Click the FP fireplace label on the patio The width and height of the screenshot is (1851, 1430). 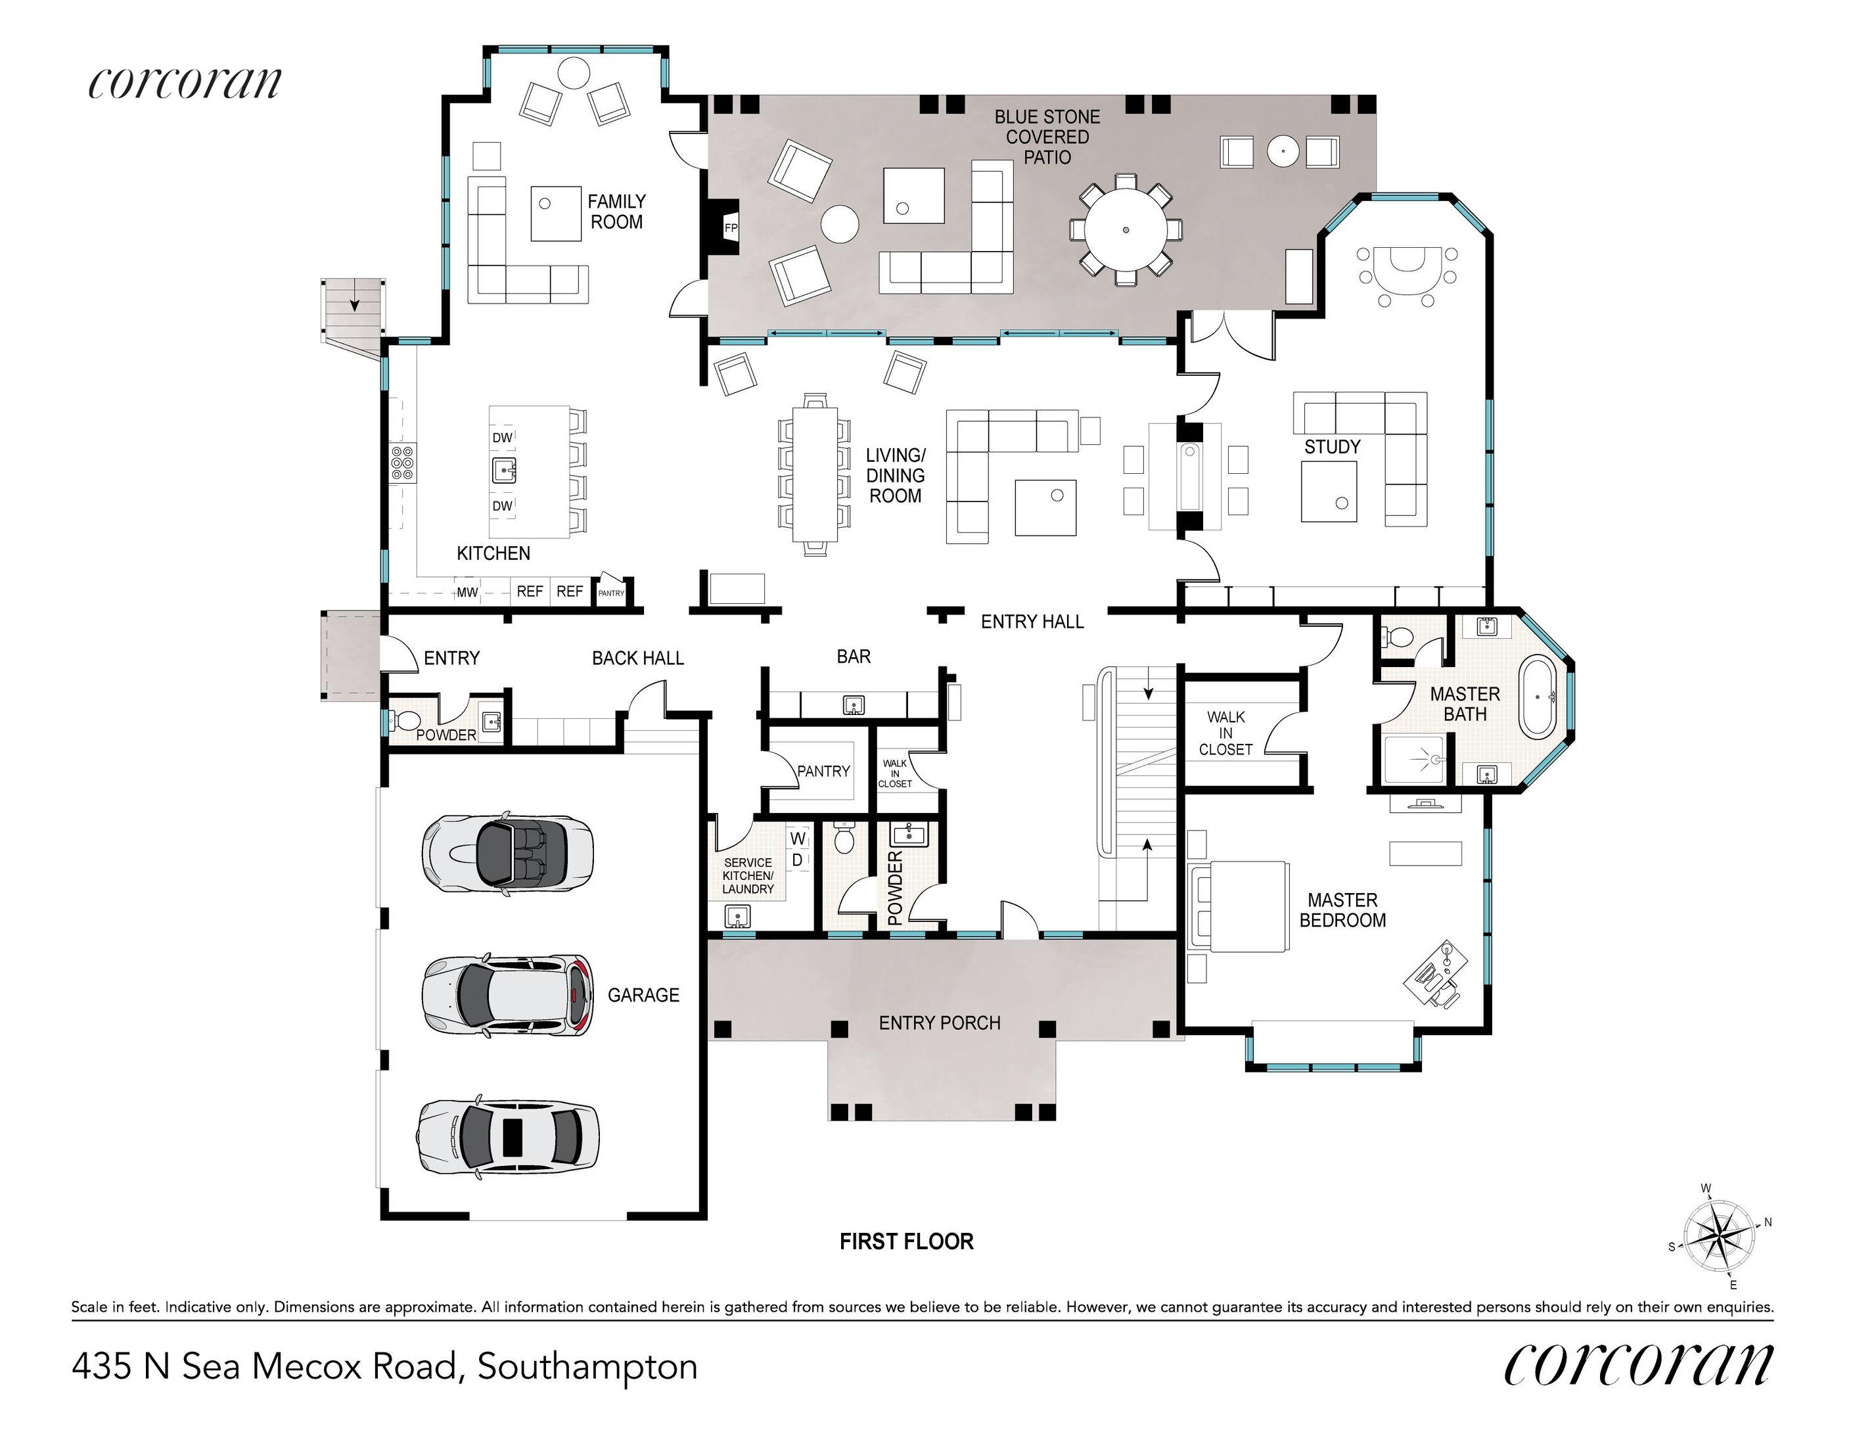tap(731, 228)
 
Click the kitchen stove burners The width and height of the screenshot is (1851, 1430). tap(403, 464)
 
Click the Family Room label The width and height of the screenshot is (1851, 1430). tap(616, 212)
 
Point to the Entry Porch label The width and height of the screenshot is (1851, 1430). tap(939, 1023)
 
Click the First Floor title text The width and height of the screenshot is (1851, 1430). tap(906, 1242)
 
